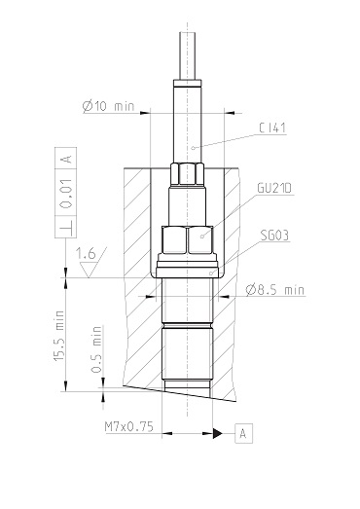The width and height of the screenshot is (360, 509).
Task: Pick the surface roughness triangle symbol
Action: (80, 270)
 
